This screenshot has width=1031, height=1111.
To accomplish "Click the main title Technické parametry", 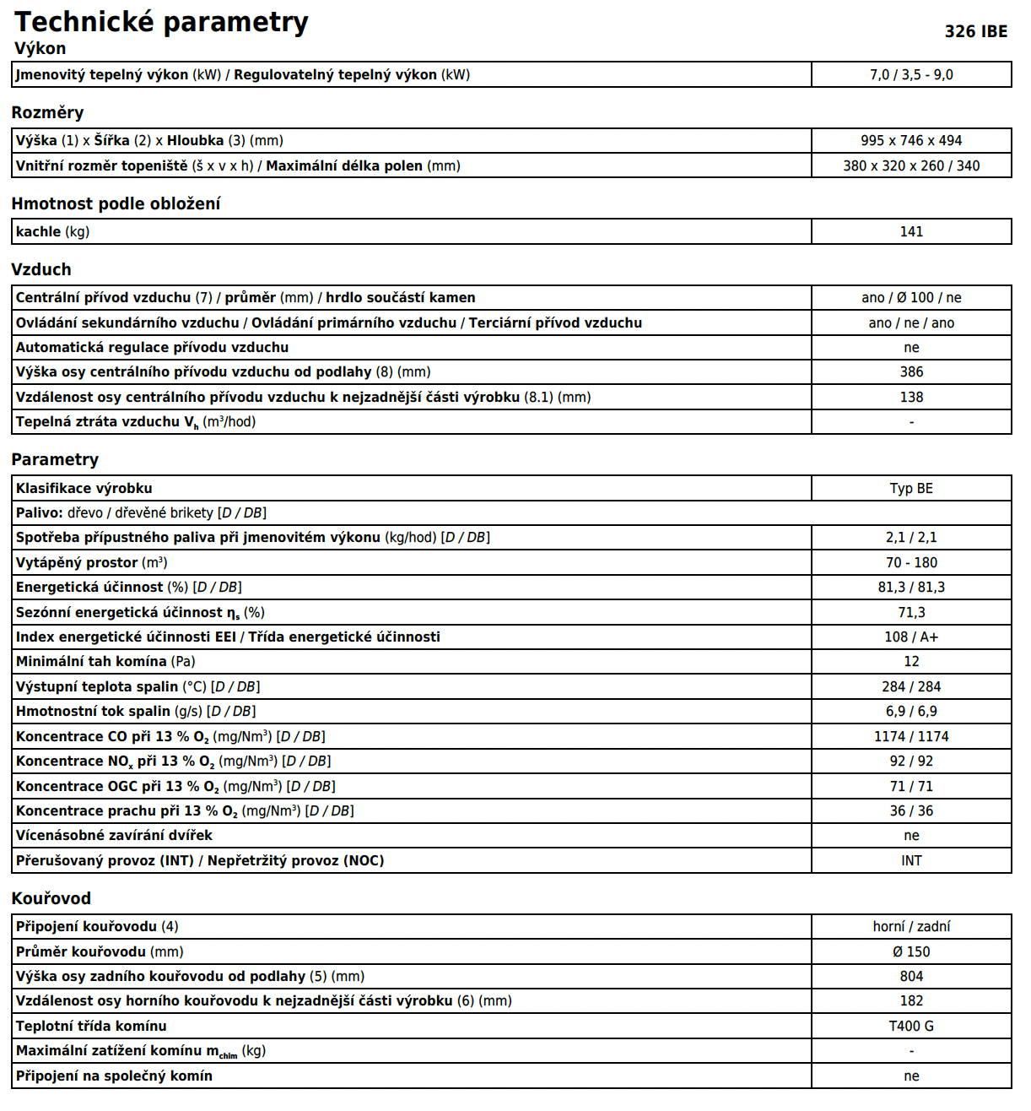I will coord(161,22).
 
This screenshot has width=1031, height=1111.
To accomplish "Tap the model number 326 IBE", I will coord(975,32).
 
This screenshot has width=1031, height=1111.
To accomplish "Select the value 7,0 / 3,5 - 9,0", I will coord(911,75).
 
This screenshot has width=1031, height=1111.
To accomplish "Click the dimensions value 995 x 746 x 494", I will coord(911,141).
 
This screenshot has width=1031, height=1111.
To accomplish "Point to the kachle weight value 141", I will coord(911,232).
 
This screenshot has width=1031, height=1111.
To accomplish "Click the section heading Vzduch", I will coord(41,270).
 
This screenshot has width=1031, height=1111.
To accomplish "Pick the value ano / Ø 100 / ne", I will coord(911,298).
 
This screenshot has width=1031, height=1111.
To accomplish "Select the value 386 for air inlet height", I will coord(911,372).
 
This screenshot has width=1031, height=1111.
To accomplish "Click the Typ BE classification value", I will coord(911,489).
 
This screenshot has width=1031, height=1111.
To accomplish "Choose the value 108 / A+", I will coord(911,637).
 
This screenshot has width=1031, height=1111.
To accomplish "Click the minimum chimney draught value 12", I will coord(911,662).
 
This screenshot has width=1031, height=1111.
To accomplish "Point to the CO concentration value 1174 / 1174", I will coord(911,737).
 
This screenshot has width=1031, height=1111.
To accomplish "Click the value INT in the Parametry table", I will coord(911,861).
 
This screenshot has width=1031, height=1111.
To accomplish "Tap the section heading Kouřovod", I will coord(51,899).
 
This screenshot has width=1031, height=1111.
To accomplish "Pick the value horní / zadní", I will coord(911,927).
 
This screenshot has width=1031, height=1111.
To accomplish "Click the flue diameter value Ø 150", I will coord(911,952).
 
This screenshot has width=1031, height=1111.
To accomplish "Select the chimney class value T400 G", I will coord(911,1027).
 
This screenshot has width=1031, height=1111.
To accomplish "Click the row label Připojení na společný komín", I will coord(114,1076).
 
